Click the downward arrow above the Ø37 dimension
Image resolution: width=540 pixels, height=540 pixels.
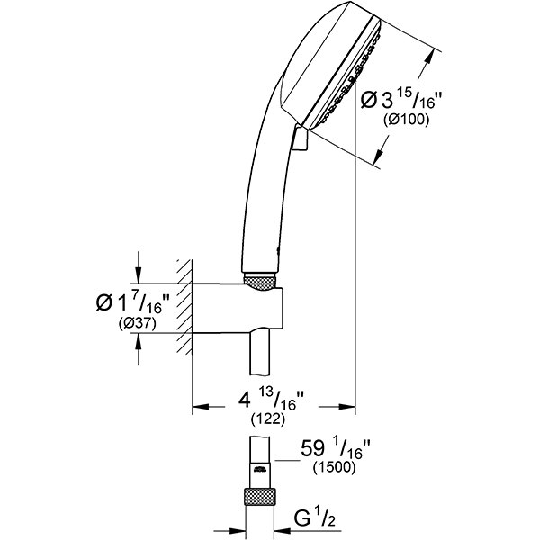point(138,274)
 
